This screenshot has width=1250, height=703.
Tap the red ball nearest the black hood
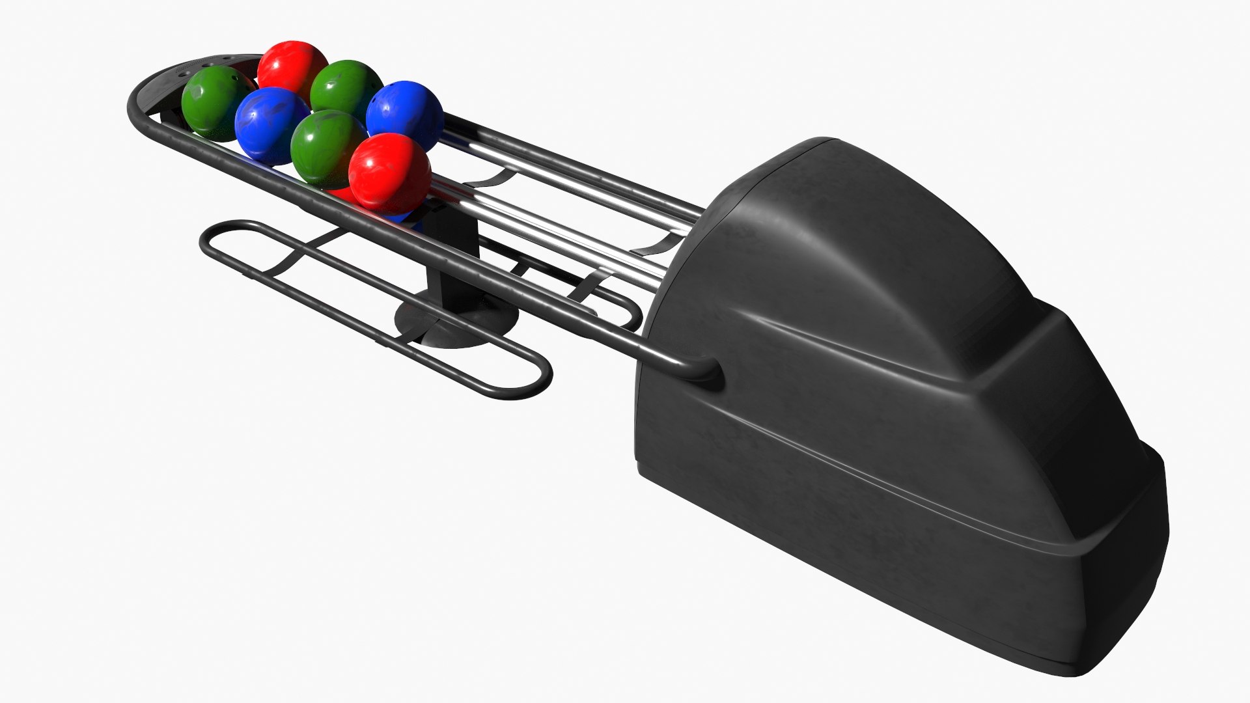(389, 173)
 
